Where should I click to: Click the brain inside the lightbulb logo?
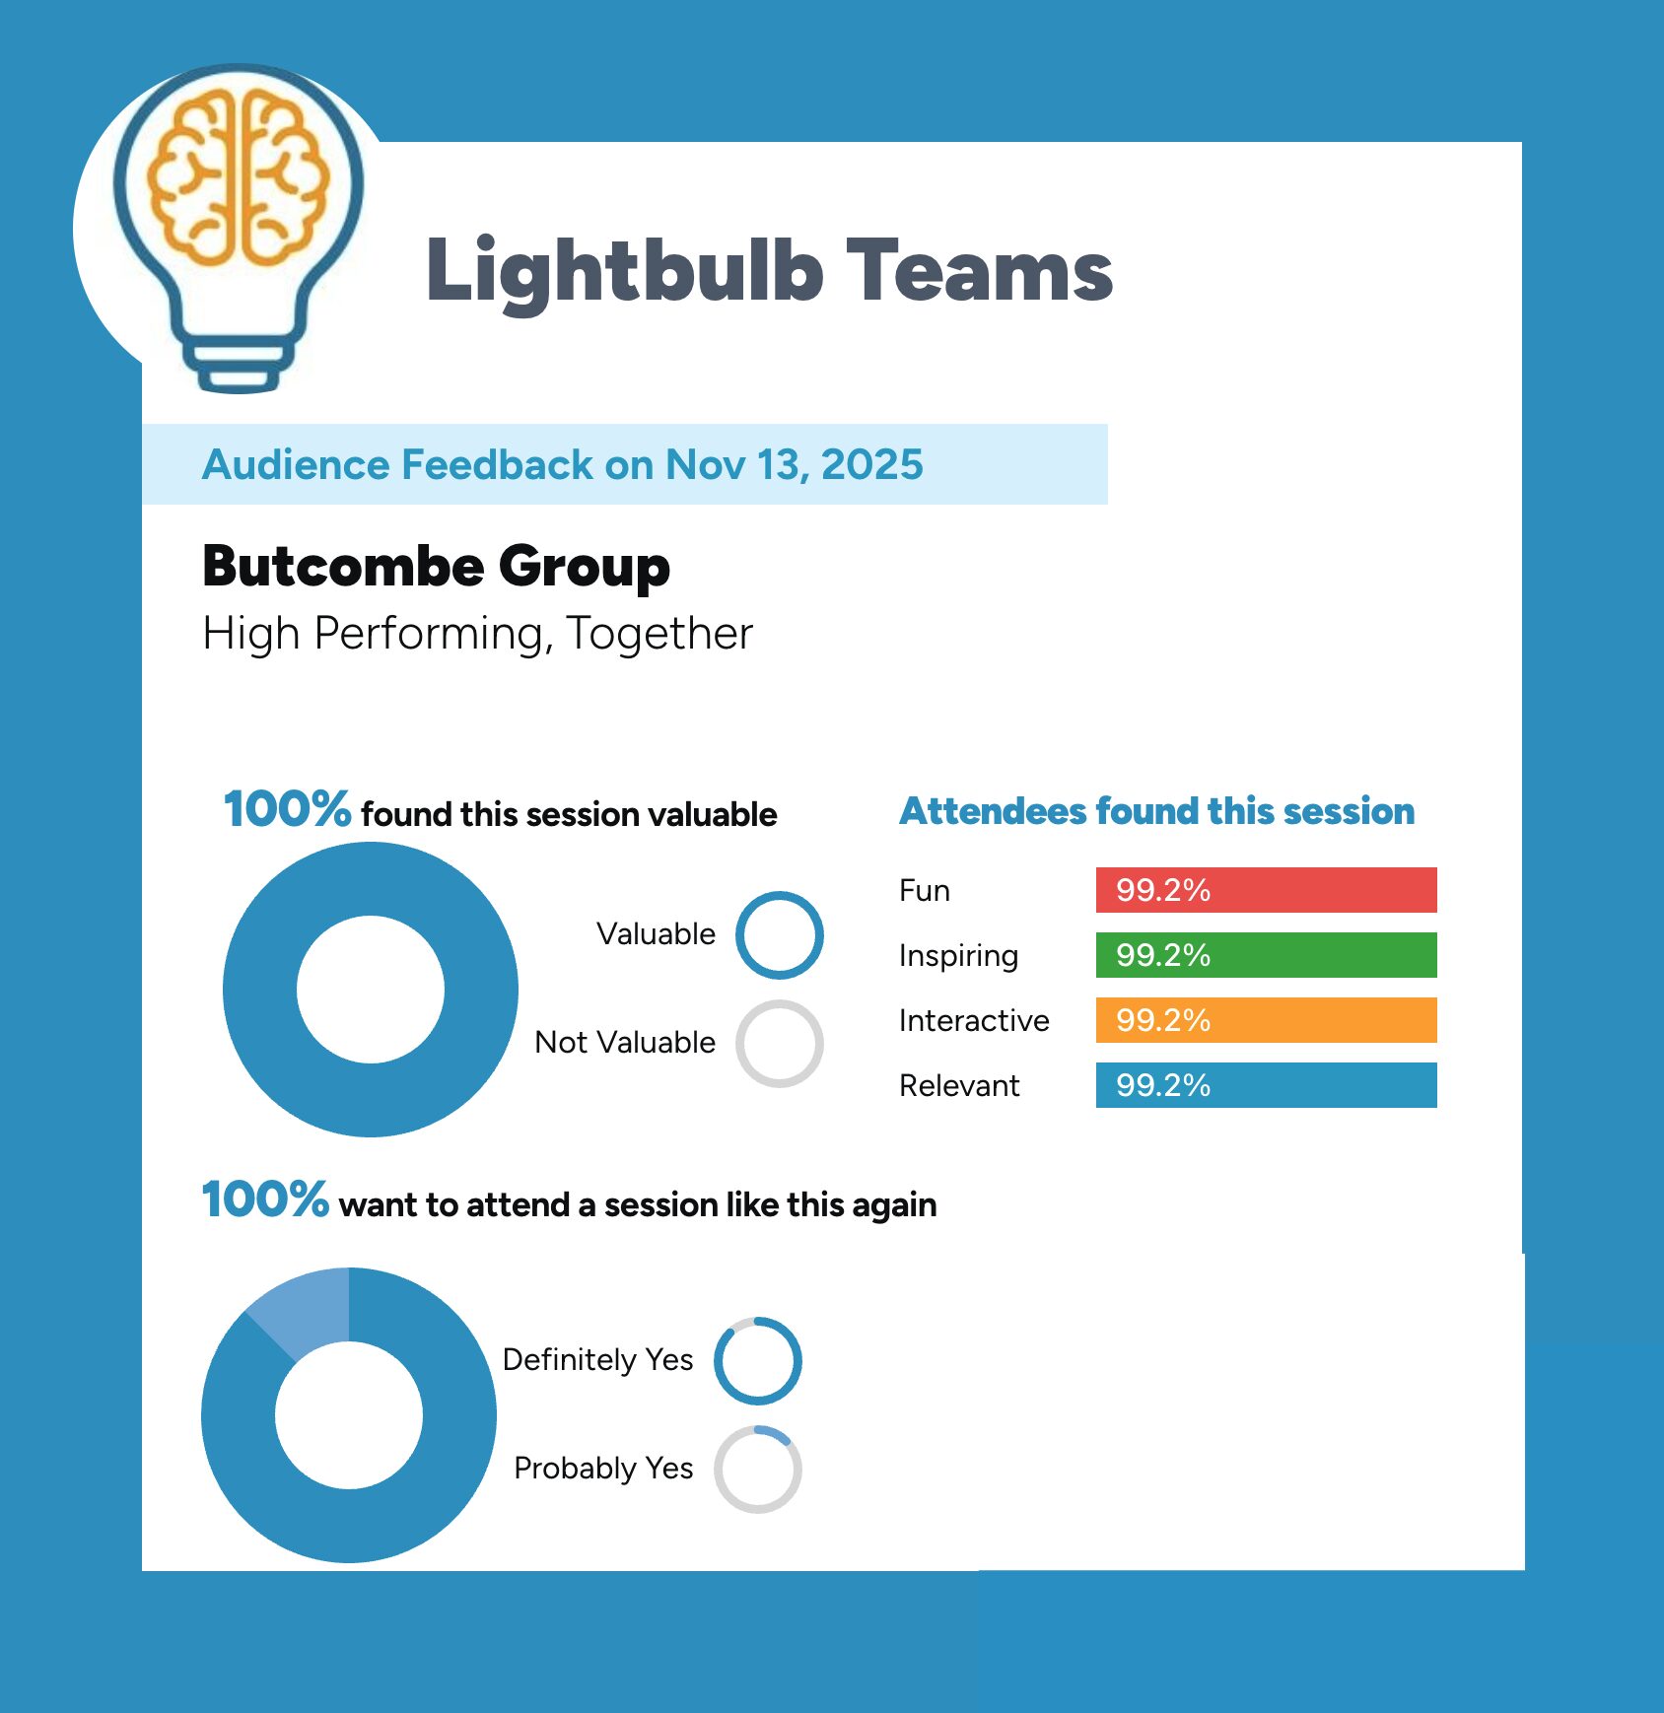(x=238, y=178)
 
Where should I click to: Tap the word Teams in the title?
(x=981, y=270)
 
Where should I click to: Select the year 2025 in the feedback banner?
(x=872, y=464)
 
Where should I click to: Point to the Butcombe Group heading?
(x=436, y=568)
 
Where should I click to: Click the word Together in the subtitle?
(x=659, y=634)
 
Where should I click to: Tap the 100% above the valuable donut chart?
(x=287, y=809)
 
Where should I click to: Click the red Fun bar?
(x=1266, y=890)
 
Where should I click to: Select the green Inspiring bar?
(x=1266, y=955)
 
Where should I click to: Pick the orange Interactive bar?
(x=1266, y=1020)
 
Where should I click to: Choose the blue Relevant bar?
(x=1266, y=1085)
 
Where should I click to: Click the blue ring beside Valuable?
(x=779, y=895)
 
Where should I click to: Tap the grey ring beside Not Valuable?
(x=779, y=1003)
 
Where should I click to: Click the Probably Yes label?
(x=603, y=1470)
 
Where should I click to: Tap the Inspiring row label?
(x=958, y=956)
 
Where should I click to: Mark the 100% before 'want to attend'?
(x=265, y=1199)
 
